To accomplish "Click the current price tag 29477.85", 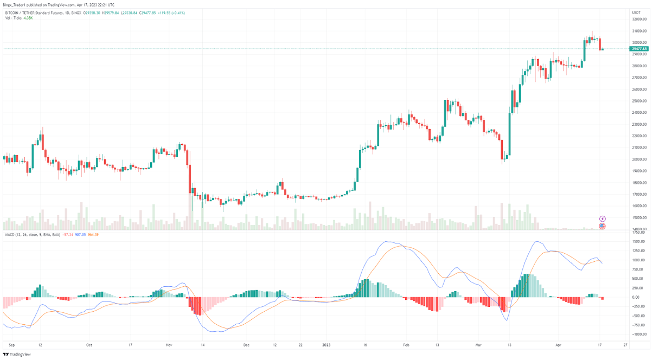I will (x=639, y=49).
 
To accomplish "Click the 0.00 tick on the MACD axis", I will (x=634, y=297).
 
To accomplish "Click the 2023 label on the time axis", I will (x=326, y=344).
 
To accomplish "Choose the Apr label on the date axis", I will (x=559, y=344).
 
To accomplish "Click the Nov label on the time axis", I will (x=169, y=344).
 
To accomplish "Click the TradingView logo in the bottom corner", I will (x=17, y=355).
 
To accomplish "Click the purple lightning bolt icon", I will (x=602, y=219).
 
